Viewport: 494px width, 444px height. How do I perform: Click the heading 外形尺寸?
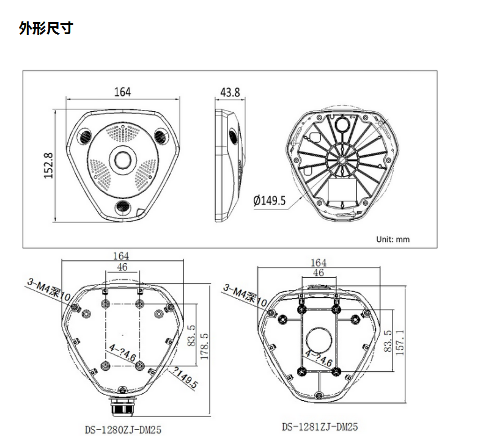click(45, 28)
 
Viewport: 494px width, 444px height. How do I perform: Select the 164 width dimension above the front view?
click(122, 92)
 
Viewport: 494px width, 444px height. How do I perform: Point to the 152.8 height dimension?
click(49, 166)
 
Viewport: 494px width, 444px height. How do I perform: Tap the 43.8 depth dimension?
click(230, 92)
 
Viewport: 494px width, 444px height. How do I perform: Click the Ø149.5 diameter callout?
click(270, 200)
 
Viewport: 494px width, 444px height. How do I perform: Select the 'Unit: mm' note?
click(393, 239)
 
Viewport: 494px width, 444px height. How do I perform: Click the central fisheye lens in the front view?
click(122, 160)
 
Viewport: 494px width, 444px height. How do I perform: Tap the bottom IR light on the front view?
click(122, 206)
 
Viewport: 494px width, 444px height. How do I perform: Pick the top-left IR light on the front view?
click(85, 136)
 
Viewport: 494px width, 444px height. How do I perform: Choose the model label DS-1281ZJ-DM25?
click(320, 428)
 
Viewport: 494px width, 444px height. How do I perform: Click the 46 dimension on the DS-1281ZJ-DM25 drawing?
click(318, 273)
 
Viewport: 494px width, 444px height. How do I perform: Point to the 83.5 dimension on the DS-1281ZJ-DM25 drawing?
click(387, 341)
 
